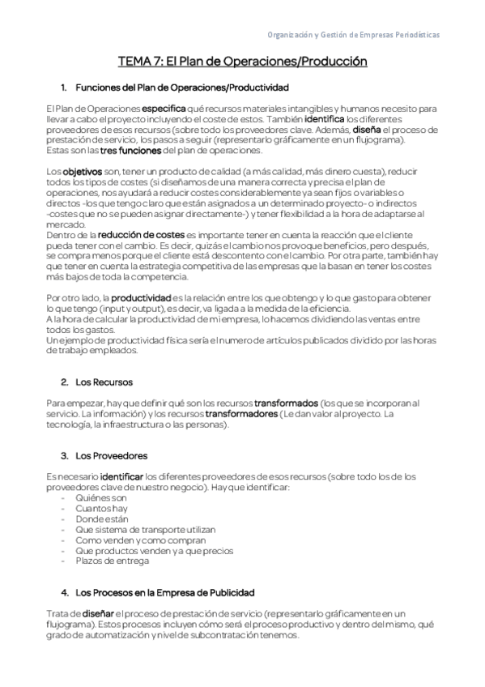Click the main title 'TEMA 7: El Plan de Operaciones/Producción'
pyautogui.click(x=242, y=62)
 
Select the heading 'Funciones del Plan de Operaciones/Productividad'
pyautogui.click(x=181, y=87)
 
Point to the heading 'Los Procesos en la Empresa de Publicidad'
pyautogui.click(x=165, y=592)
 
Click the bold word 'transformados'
pyautogui.click(x=286, y=403)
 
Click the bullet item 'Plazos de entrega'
pyautogui.click(x=112, y=561)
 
